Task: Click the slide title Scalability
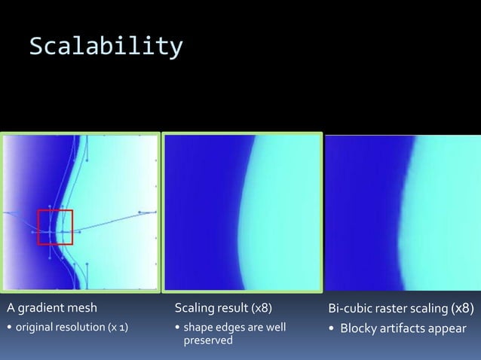(x=106, y=47)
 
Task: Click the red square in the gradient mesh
(x=55, y=227)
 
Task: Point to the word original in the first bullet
(x=31, y=328)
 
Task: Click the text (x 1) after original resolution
(x=116, y=328)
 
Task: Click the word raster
(x=389, y=309)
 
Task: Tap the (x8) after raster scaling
(x=462, y=308)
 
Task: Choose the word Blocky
(x=359, y=328)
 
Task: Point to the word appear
(x=451, y=329)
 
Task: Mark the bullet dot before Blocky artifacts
(x=332, y=328)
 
